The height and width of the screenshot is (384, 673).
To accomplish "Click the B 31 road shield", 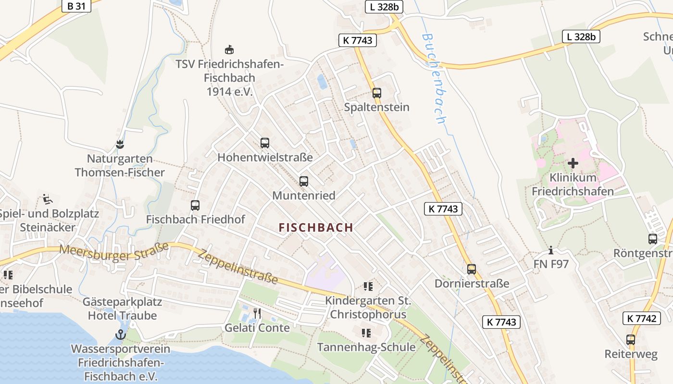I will (76, 6).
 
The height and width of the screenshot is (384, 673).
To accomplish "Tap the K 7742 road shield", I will (641, 318).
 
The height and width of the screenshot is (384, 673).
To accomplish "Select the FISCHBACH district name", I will (316, 228).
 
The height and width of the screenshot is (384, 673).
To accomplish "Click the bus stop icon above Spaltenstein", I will (377, 93).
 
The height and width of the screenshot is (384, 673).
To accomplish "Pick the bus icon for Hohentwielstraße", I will (265, 143).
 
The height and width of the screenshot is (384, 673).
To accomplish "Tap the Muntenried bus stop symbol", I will (304, 181).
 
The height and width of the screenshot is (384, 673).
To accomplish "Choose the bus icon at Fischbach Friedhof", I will (195, 205).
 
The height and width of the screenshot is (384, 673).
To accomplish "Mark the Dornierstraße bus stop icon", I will (472, 269).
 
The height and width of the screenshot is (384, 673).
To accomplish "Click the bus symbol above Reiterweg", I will (631, 340).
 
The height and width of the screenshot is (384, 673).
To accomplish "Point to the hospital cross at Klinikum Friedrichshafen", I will (573, 163).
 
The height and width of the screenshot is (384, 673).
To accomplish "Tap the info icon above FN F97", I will (551, 250).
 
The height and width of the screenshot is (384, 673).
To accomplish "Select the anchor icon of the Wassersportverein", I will (121, 335).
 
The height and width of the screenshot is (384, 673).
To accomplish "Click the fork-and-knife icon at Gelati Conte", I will (257, 313).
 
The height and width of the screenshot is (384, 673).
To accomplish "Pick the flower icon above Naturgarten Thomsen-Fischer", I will (120, 144).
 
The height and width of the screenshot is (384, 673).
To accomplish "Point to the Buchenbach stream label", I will (434, 79).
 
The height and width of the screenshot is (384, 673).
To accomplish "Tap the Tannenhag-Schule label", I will (366, 347).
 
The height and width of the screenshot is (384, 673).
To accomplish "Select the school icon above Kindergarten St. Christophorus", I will (368, 287).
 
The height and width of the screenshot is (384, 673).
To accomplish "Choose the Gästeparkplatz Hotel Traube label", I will (123, 309).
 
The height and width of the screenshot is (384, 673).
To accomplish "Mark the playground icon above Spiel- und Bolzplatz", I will (47, 199).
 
